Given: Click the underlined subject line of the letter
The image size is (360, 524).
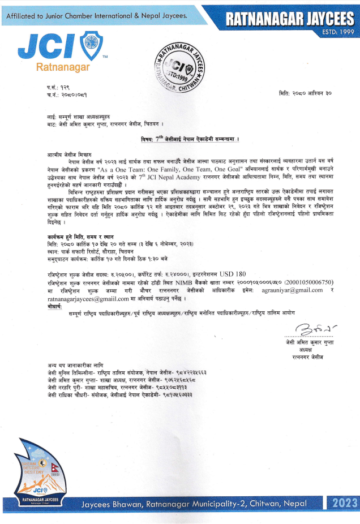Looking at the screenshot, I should click(x=190, y=138).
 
